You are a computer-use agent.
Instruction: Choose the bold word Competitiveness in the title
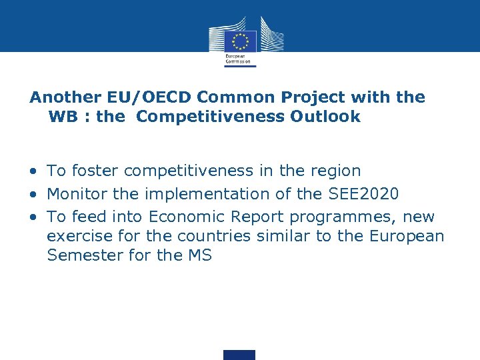pos(211,117)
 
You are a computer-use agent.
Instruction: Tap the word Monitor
pos(76,194)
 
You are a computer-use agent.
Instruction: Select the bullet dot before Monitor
pos(33,195)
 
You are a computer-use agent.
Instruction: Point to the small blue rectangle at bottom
pos(239,355)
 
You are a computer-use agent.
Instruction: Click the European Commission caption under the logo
pos(239,60)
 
